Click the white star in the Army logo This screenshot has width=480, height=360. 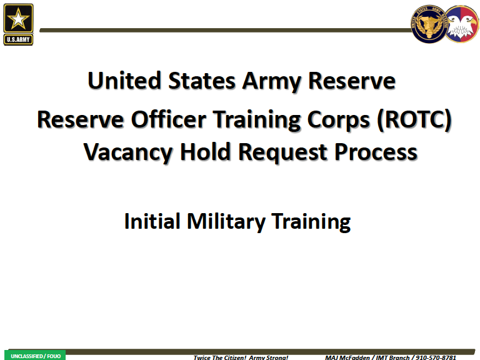point(18,19)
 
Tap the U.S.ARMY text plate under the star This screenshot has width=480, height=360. point(18,39)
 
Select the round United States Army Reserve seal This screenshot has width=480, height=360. point(429,24)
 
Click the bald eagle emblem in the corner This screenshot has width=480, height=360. point(462,24)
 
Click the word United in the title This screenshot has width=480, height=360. point(124,81)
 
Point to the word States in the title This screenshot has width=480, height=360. point(202,81)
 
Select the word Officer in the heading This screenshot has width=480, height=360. point(168,119)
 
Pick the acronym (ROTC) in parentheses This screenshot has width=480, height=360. point(414,120)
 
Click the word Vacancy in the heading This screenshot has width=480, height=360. point(128,152)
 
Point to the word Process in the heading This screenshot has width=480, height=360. point(376,152)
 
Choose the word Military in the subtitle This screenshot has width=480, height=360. point(226,222)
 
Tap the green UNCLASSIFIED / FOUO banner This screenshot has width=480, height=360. point(35,355)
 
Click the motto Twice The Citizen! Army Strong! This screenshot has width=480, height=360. point(241,357)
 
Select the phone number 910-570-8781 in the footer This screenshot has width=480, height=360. point(436,357)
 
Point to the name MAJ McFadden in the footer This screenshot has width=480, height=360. point(347,357)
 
